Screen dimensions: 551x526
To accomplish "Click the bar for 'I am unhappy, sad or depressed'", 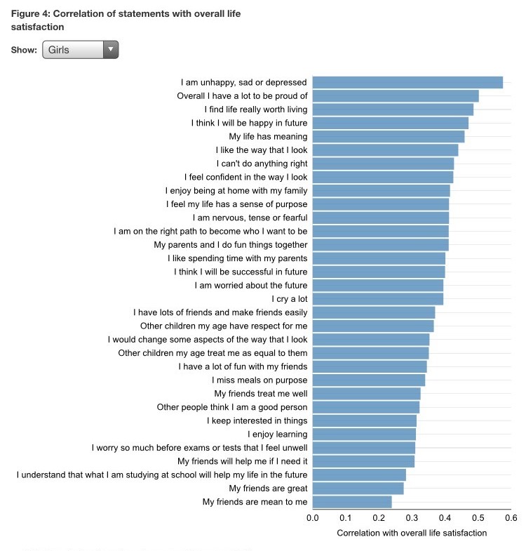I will (x=407, y=82).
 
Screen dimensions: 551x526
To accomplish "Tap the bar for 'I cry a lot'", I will (x=378, y=299).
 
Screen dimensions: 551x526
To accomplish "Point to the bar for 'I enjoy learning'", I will (x=364, y=434).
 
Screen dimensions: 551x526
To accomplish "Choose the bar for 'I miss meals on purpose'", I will (x=369, y=380).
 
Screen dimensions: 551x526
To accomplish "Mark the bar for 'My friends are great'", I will (x=358, y=488).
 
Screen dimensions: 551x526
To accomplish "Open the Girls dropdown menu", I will (x=80, y=50).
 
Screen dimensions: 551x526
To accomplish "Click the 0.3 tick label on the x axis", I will (x=412, y=518).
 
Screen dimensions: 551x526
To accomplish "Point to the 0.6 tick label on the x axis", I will (x=511, y=518).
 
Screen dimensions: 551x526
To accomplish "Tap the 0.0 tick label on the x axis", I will (x=313, y=518).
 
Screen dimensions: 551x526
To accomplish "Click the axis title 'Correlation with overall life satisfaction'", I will (x=412, y=533).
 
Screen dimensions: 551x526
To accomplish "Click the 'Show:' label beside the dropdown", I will (x=24, y=51).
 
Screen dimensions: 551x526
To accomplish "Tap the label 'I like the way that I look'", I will (x=262, y=150).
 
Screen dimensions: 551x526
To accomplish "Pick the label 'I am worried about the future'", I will (x=251, y=286).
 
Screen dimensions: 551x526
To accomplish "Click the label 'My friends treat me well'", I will (x=261, y=394).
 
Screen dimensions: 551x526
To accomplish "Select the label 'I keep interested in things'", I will (x=257, y=421).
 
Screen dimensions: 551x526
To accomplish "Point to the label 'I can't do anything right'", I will (x=262, y=164).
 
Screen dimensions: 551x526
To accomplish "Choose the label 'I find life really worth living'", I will (x=256, y=109).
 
